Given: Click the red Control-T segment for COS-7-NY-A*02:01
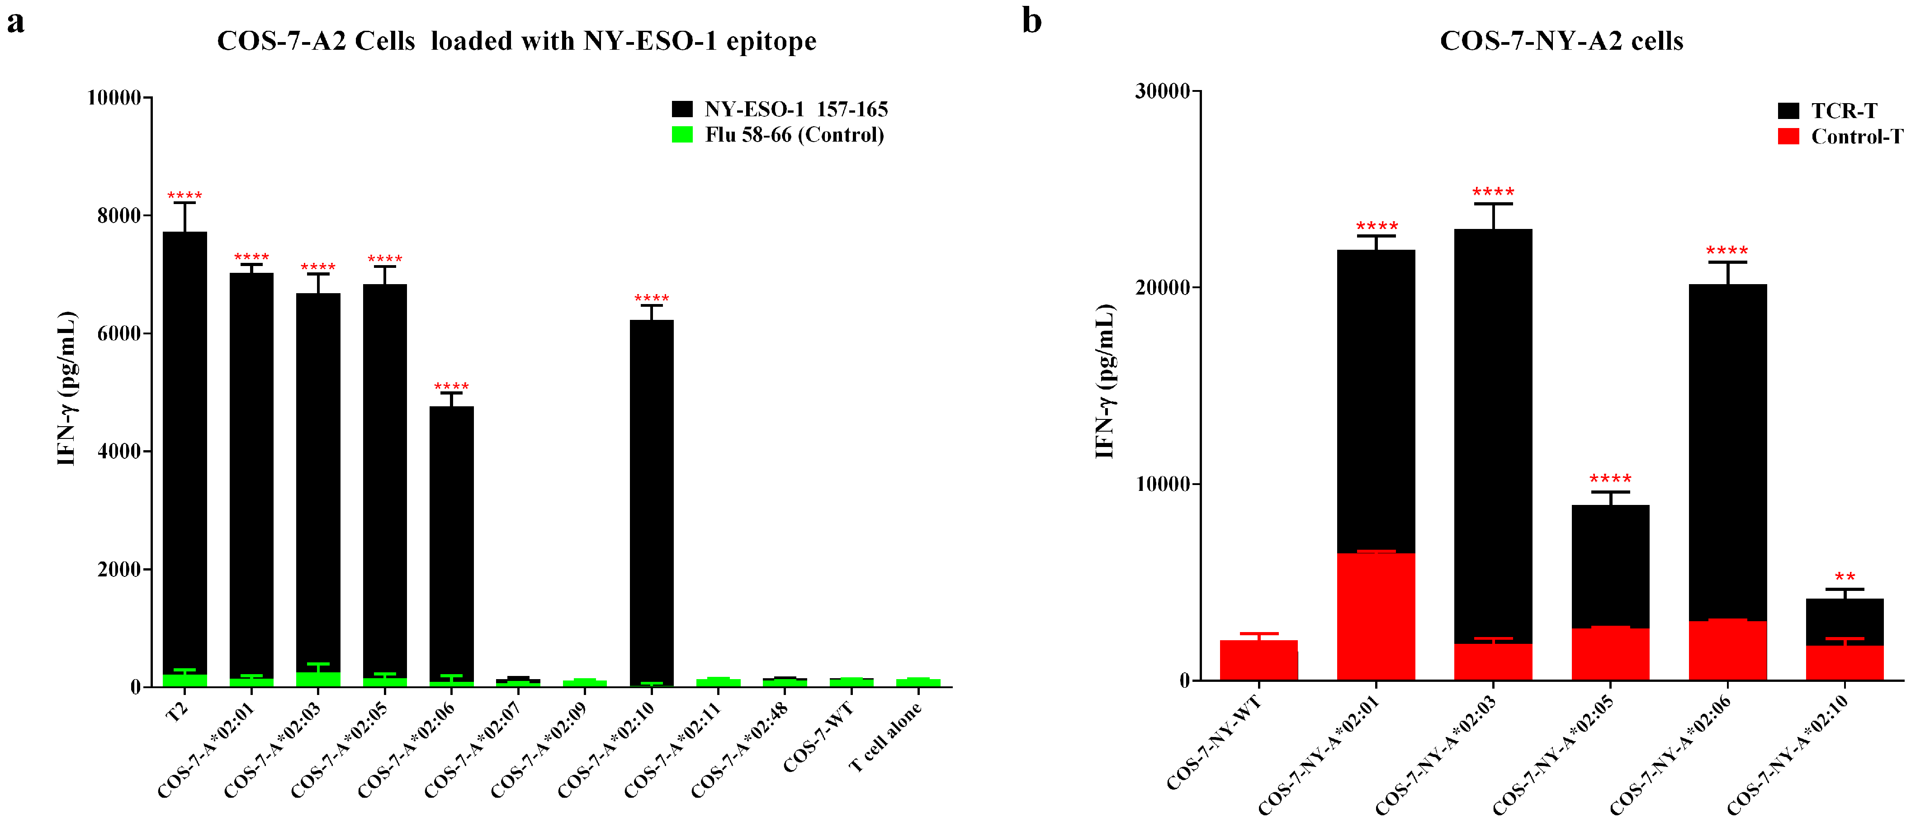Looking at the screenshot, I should [x=1376, y=616].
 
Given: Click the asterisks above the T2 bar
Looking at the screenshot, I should [x=184, y=196].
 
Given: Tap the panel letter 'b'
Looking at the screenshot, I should [x=1031, y=21].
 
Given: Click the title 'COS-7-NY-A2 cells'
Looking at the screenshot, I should [x=1561, y=41].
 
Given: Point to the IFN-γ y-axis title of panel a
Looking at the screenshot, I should [x=67, y=388].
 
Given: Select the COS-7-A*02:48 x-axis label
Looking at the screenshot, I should [x=740, y=750].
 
